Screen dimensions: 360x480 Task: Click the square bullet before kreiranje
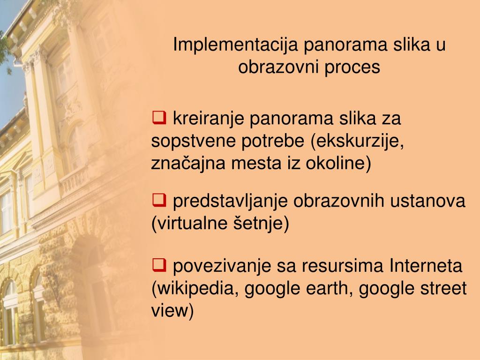[158, 117]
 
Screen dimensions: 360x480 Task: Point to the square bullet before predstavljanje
[158, 201]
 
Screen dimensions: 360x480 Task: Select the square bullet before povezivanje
[158, 266]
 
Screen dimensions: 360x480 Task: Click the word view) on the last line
[172, 311]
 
